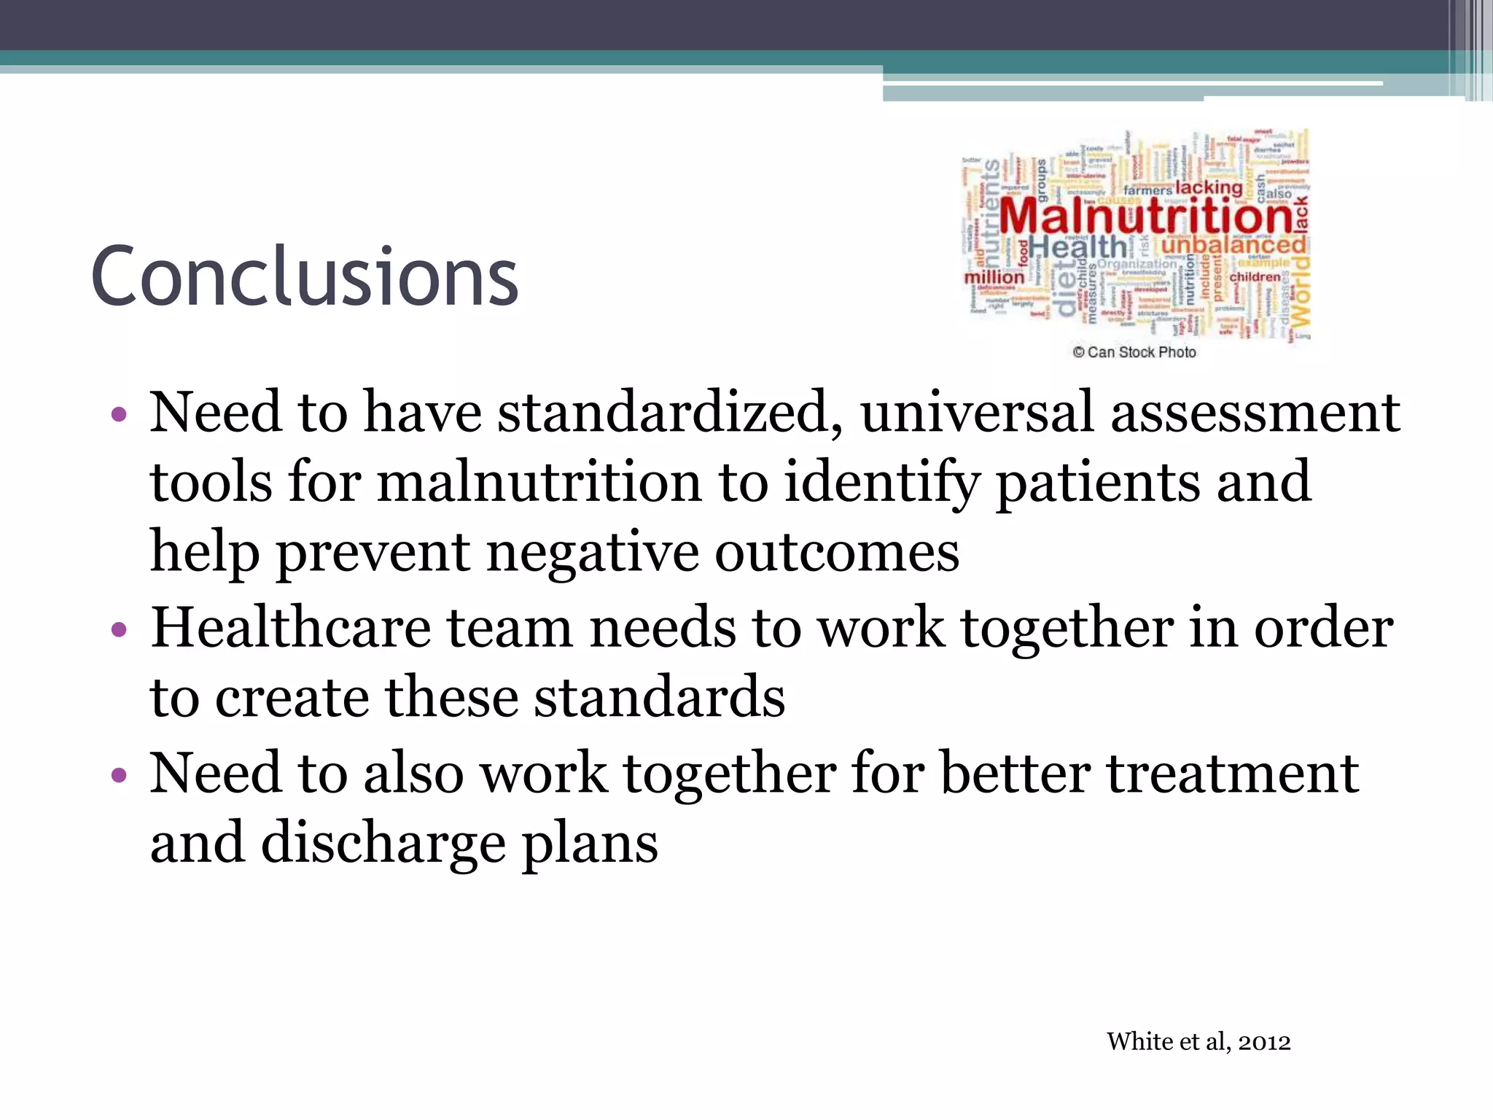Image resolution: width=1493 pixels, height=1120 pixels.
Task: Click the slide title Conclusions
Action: (x=304, y=277)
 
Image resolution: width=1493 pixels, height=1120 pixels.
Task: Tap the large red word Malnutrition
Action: (x=1145, y=217)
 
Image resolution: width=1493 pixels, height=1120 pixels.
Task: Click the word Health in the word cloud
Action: (x=1077, y=248)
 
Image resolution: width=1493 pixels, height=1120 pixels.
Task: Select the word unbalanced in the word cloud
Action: (x=1233, y=245)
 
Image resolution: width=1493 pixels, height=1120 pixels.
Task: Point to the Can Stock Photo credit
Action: (x=1134, y=352)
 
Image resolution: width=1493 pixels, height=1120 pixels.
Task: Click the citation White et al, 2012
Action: (x=1198, y=1041)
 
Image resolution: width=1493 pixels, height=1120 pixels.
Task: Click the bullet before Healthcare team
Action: (x=120, y=630)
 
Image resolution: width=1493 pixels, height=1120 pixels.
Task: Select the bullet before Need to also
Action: (x=120, y=775)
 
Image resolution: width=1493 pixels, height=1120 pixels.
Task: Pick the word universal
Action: (x=976, y=413)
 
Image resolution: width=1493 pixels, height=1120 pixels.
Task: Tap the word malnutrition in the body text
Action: (x=539, y=483)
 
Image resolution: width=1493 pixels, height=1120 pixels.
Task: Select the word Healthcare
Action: (x=291, y=629)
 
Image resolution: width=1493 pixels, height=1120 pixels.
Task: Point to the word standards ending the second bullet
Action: (x=659, y=698)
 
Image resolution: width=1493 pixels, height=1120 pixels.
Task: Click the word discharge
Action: (x=383, y=844)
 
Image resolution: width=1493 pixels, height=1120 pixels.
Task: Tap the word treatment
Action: (x=1232, y=774)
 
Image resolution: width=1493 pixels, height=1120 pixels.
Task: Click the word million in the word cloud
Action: (x=994, y=278)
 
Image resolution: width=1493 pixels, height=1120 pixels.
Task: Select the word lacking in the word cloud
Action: (x=1209, y=187)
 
